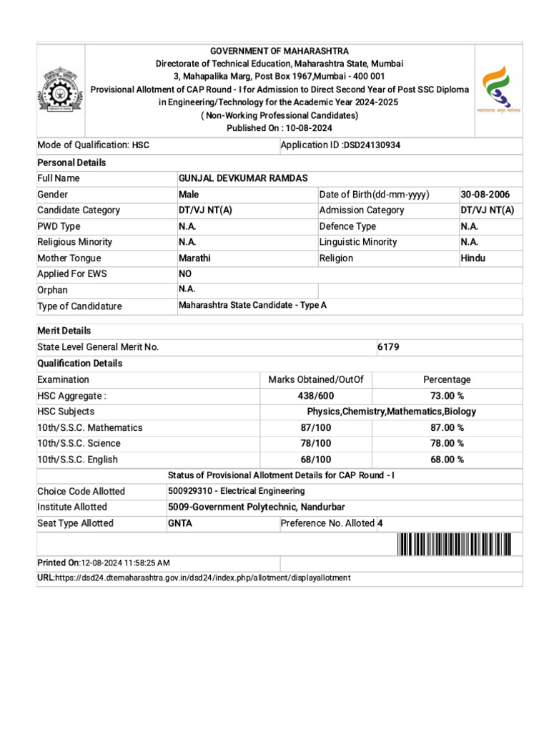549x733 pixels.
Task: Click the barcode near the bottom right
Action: pos(454,545)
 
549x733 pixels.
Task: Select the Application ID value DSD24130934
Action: pos(372,145)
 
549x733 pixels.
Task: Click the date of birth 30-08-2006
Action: pos(485,195)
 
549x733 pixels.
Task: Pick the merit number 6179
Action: pos(388,347)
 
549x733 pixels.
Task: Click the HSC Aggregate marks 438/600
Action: pos(315,396)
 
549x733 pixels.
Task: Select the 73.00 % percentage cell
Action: pos(447,396)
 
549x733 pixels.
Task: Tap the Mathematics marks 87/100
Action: pos(315,427)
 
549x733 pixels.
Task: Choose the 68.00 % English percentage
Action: pos(447,460)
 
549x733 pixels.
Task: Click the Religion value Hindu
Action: pos(473,258)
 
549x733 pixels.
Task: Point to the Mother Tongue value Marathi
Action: pos(194,258)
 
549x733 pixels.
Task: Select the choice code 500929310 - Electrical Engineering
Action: pos(236,491)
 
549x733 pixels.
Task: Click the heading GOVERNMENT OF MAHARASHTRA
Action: pos(280,52)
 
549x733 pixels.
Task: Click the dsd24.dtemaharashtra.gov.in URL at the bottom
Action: pos(203,578)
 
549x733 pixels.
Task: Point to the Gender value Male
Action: pos(189,195)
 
